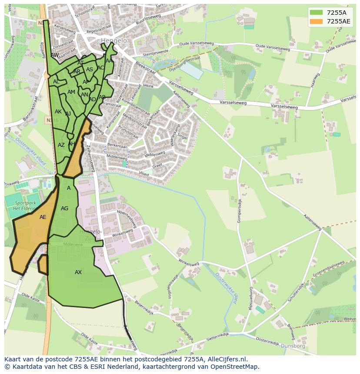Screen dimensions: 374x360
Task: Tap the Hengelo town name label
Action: [114, 41]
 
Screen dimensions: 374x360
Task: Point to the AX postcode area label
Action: [78, 272]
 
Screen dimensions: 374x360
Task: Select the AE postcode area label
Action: [43, 217]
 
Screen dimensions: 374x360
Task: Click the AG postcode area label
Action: [64, 209]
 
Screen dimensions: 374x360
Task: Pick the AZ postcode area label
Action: [61, 145]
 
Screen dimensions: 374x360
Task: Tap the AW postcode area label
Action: [55, 55]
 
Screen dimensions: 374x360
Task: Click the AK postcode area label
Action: [58, 112]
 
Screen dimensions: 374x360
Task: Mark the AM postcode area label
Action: [71, 92]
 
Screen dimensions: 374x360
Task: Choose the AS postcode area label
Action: [90, 70]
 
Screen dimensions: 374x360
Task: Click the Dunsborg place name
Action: [294, 347]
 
